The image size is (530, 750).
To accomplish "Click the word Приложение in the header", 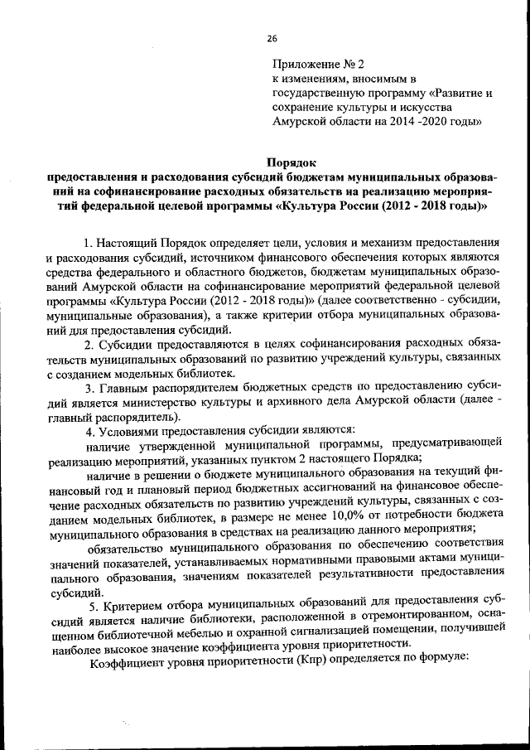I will (302, 64).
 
